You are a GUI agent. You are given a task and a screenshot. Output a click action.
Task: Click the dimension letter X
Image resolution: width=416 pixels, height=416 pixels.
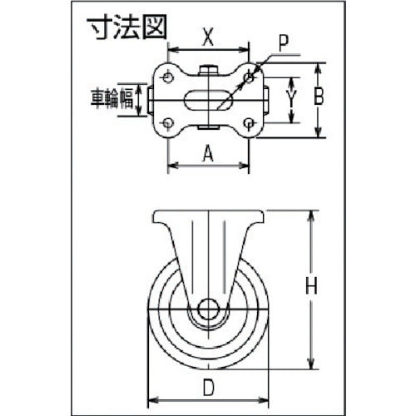pos(209,37)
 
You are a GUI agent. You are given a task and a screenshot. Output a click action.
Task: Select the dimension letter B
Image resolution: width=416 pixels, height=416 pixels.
pos(318,97)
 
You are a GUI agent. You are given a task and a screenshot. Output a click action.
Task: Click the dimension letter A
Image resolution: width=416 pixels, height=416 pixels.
pos(209,151)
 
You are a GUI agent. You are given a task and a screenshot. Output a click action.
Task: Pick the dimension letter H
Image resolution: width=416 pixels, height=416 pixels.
pos(310,288)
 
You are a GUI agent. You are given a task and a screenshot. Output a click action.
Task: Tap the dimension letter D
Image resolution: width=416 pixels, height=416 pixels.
pos(209,386)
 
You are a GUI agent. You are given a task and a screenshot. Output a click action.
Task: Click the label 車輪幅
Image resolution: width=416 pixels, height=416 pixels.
pos(113,99)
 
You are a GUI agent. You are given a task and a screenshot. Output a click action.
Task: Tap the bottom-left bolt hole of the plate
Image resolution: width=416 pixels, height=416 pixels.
pos(170,124)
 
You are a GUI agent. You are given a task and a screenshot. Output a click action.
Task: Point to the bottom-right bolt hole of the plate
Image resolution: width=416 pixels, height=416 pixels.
pos(249,124)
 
